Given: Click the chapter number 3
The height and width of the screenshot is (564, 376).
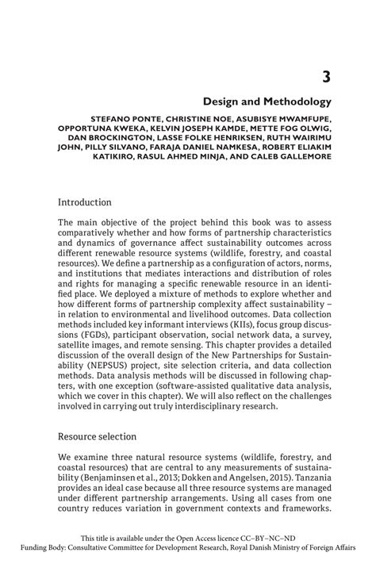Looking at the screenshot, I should click(x=324, y=76).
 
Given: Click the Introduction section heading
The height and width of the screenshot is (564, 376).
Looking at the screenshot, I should click(x=86, y=202).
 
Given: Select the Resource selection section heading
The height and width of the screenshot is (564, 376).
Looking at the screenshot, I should click(x=98, y=436).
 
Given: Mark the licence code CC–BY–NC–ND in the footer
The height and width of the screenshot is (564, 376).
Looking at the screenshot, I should click(x=272, y=538).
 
